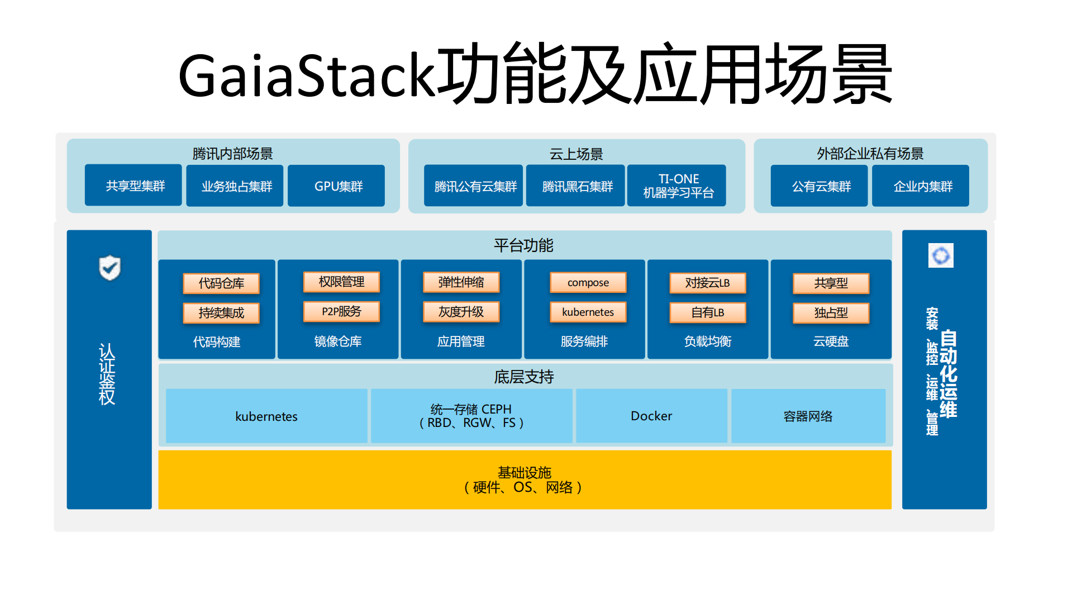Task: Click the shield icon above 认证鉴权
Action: pos(109,268)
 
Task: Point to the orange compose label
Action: pos(588,283)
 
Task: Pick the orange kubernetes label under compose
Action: pos(588,312)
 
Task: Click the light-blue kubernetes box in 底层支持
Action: pos(266,416)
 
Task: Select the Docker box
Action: pos(651,416)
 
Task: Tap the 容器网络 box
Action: pos(808,416)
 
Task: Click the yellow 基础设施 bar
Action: pos(524,480)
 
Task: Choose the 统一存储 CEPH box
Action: pos(471,416)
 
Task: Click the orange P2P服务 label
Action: pos(341,312)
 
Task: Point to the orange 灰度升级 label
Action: pos(461,312)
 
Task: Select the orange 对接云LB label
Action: pos(707,283)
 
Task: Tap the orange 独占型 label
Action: pos(831,313)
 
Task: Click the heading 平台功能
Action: pos(523,245)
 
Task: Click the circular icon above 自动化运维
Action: pos(941,256)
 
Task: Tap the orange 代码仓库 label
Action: pos(221,283)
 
